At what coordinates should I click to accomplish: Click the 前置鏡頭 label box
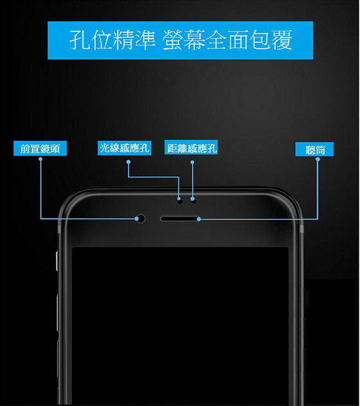40,148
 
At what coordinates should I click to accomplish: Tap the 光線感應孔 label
125,148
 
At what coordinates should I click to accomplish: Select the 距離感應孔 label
191,147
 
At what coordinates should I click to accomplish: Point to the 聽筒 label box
314,149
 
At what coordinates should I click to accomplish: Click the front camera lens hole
141,218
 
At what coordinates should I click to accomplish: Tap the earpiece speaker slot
180,219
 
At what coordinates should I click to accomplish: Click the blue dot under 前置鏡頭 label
40,159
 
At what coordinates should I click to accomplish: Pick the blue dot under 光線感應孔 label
129,162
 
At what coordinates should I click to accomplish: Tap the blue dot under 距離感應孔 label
192,162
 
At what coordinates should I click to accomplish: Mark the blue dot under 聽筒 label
318,159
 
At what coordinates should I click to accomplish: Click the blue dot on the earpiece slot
199,219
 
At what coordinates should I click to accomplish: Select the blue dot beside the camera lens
136,219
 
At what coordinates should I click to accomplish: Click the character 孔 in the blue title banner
80,40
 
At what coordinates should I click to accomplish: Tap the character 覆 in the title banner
282,40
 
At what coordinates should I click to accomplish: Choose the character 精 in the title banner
123,40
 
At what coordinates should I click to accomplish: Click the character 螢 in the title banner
173,40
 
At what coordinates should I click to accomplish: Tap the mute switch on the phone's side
57,261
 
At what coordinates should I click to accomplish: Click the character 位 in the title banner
102,40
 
